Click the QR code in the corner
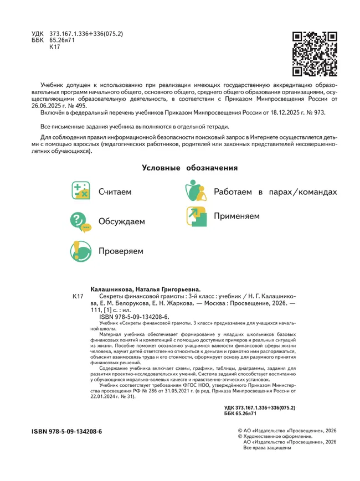point(314,54)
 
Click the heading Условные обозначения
point(190,168)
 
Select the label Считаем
point(115,193)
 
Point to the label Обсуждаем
point(121,222)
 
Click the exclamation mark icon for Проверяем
point(81,251)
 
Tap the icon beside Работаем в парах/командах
point(196,192)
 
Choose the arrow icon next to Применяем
point(196,216)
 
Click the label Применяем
point(236,216)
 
